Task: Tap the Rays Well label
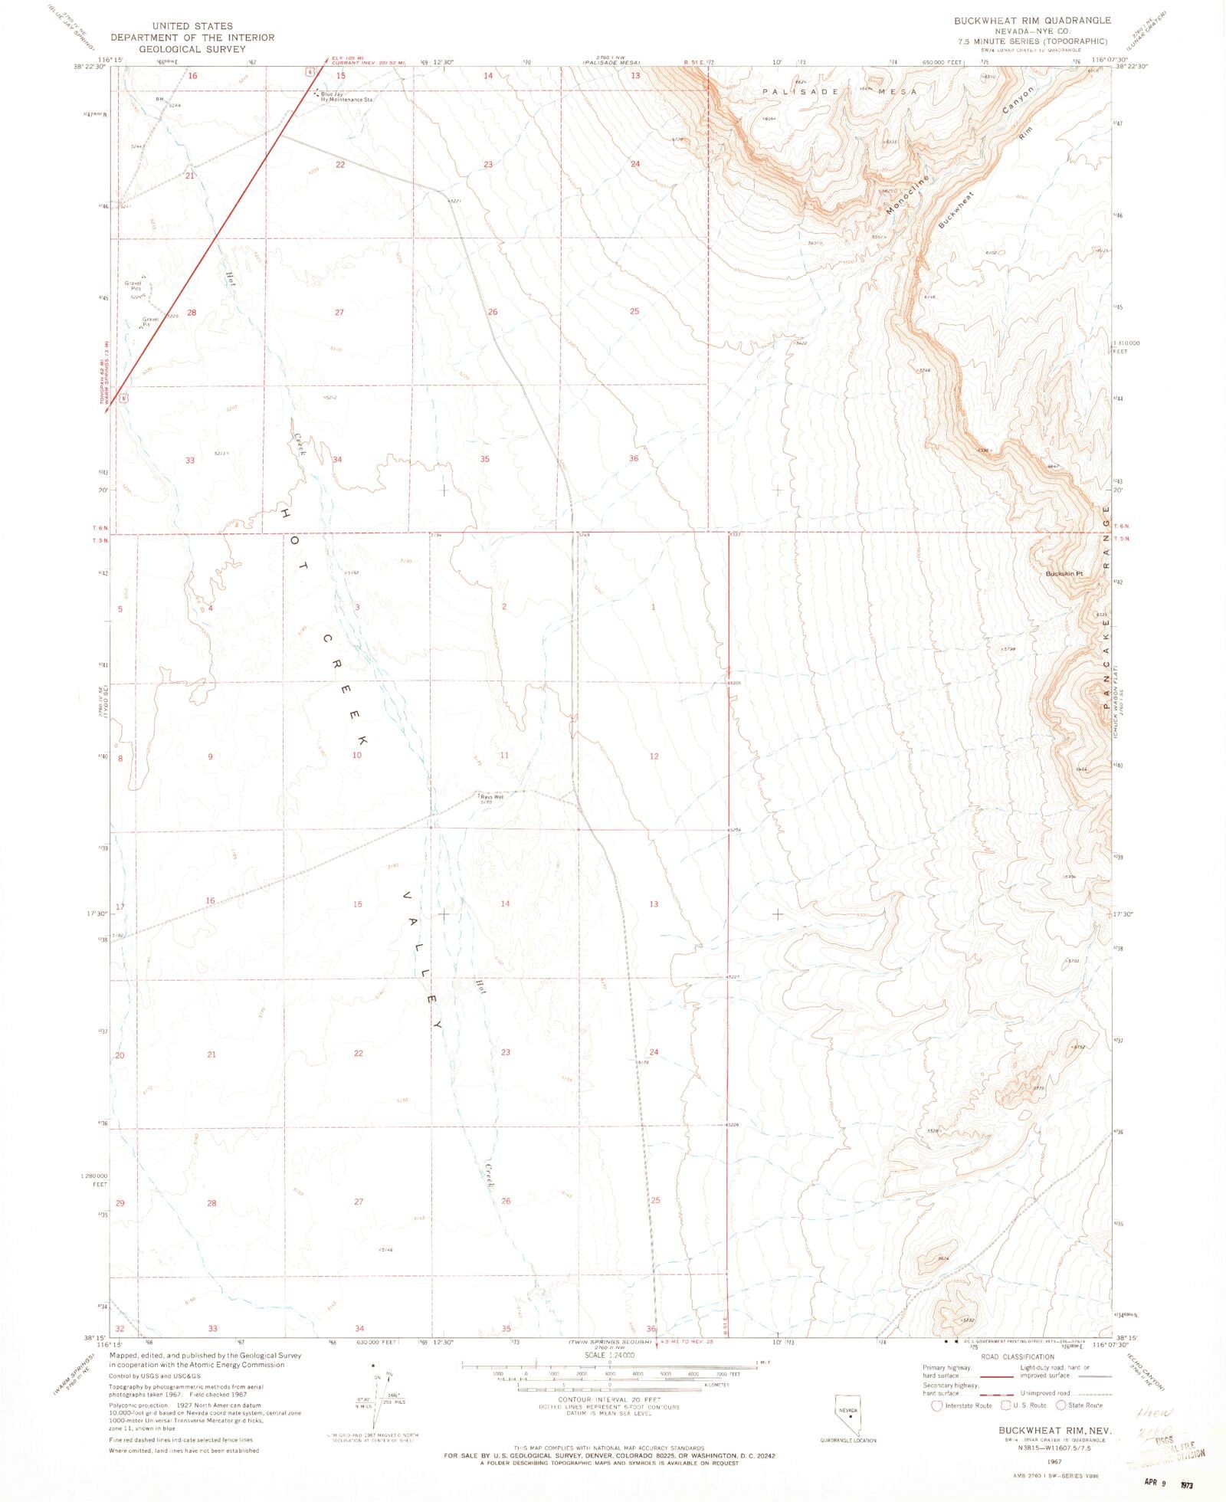492,797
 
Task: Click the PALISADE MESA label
839,91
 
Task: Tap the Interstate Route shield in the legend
936,1405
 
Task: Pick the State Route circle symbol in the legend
1060,1405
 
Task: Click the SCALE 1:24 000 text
609,1355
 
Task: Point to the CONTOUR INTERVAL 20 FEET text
609,1399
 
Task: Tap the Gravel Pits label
133,286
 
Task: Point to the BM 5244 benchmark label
168,102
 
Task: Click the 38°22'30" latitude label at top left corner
89,67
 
